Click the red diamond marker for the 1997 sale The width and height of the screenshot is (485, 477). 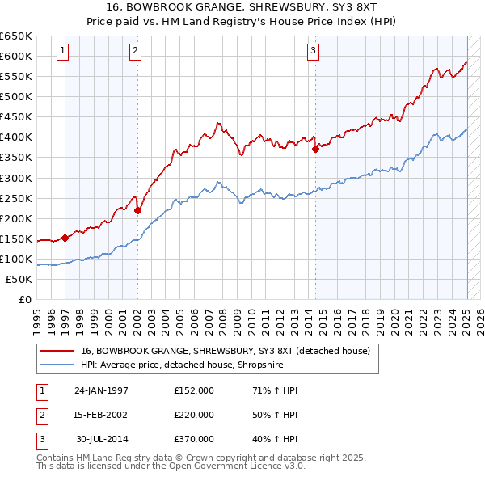tap(65, 238)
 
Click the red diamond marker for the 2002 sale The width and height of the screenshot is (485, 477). tap(137, 210)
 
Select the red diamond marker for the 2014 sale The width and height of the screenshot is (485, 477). tap(315, 149)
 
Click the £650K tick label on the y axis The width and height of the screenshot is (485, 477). tap(16, 36)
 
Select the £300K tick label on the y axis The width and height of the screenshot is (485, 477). tap(16, 178)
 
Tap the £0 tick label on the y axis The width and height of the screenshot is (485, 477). tap(25, 299)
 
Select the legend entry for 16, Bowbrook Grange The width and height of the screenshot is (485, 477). tap(225, 351)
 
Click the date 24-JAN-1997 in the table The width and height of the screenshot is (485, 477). tap(101, 390)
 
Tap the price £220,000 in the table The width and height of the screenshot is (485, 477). tap(194, 415)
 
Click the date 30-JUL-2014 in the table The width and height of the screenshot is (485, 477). tap(102, 439)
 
